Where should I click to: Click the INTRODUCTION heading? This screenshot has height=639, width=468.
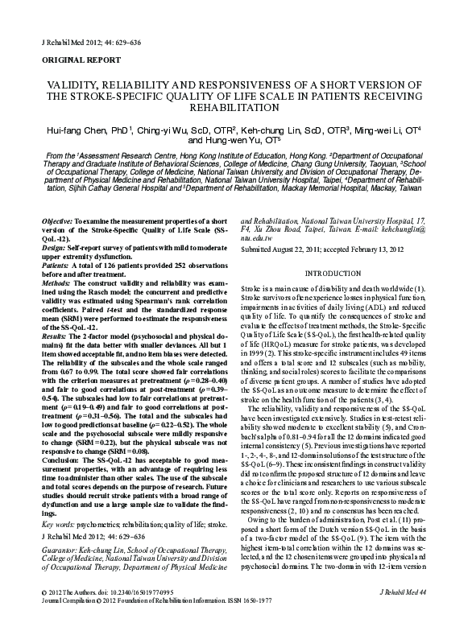(x=338, y=273)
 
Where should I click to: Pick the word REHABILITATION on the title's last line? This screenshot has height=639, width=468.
(x=234, y=107)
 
